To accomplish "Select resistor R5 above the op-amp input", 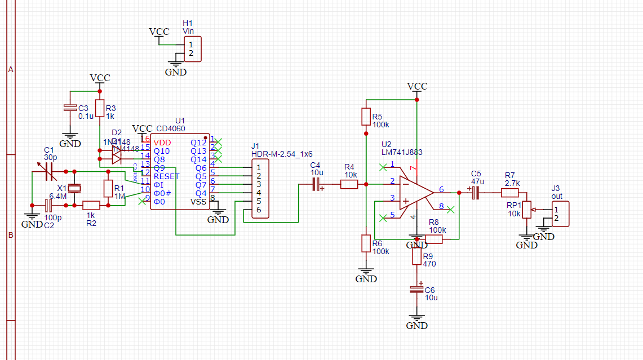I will [366, 117].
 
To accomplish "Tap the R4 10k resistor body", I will [349, 184].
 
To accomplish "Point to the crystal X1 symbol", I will [74, 188].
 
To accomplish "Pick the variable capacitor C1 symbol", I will [48, 171].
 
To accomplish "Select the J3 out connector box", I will [560, 214].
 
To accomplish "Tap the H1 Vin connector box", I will [192, 48].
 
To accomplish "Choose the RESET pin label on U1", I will [166, 176].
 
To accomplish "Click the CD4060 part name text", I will [171, 128].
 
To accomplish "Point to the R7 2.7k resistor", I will [510, 193].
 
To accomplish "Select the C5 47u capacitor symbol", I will [475, 193].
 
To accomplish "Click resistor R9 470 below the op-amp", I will [416, 257].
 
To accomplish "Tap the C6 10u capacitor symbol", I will [416, 290].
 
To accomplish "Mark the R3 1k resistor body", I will [100, 108].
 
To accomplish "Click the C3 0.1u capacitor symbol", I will [70, 108].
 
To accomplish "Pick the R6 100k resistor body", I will [366, 244].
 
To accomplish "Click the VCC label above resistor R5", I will [417, 86].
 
